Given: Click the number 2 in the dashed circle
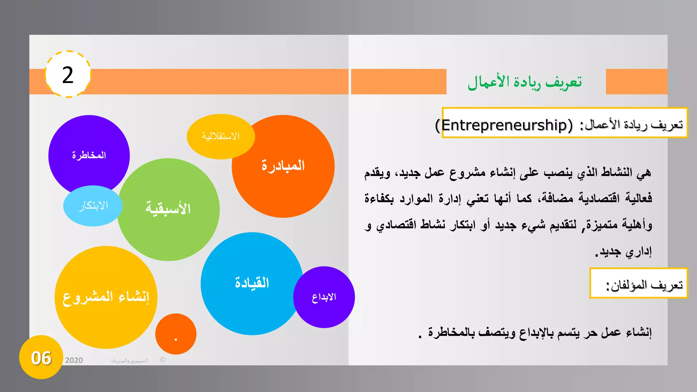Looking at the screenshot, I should pyautogui.click(x=68, y=75).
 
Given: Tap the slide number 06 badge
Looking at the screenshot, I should pyautogui.click(x=41, y=358).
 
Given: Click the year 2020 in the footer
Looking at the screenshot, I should pyautogui.click(x=74, y=360).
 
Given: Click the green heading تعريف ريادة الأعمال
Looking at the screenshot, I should pyautogui.click(x=524, y=82).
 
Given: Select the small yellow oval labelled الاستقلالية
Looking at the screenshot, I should pyautogui.click(x=221, y=136).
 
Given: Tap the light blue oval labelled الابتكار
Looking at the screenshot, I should pyautogui.click(x=93, y=206).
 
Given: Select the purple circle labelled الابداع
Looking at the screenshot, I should pyautogui.click(x=324, y=297).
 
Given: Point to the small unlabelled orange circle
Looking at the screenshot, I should pyautogui.click(x=176, y=333).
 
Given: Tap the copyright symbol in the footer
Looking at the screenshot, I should pyautogui.click(x=163, y=360).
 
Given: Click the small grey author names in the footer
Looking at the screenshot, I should pyautogui.click(x=129, y=361).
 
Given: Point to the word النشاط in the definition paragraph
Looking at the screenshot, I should pyautogui.click(x=616, y=172).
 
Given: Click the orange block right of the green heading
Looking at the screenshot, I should pyautogui.click(x=636, y=82).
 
